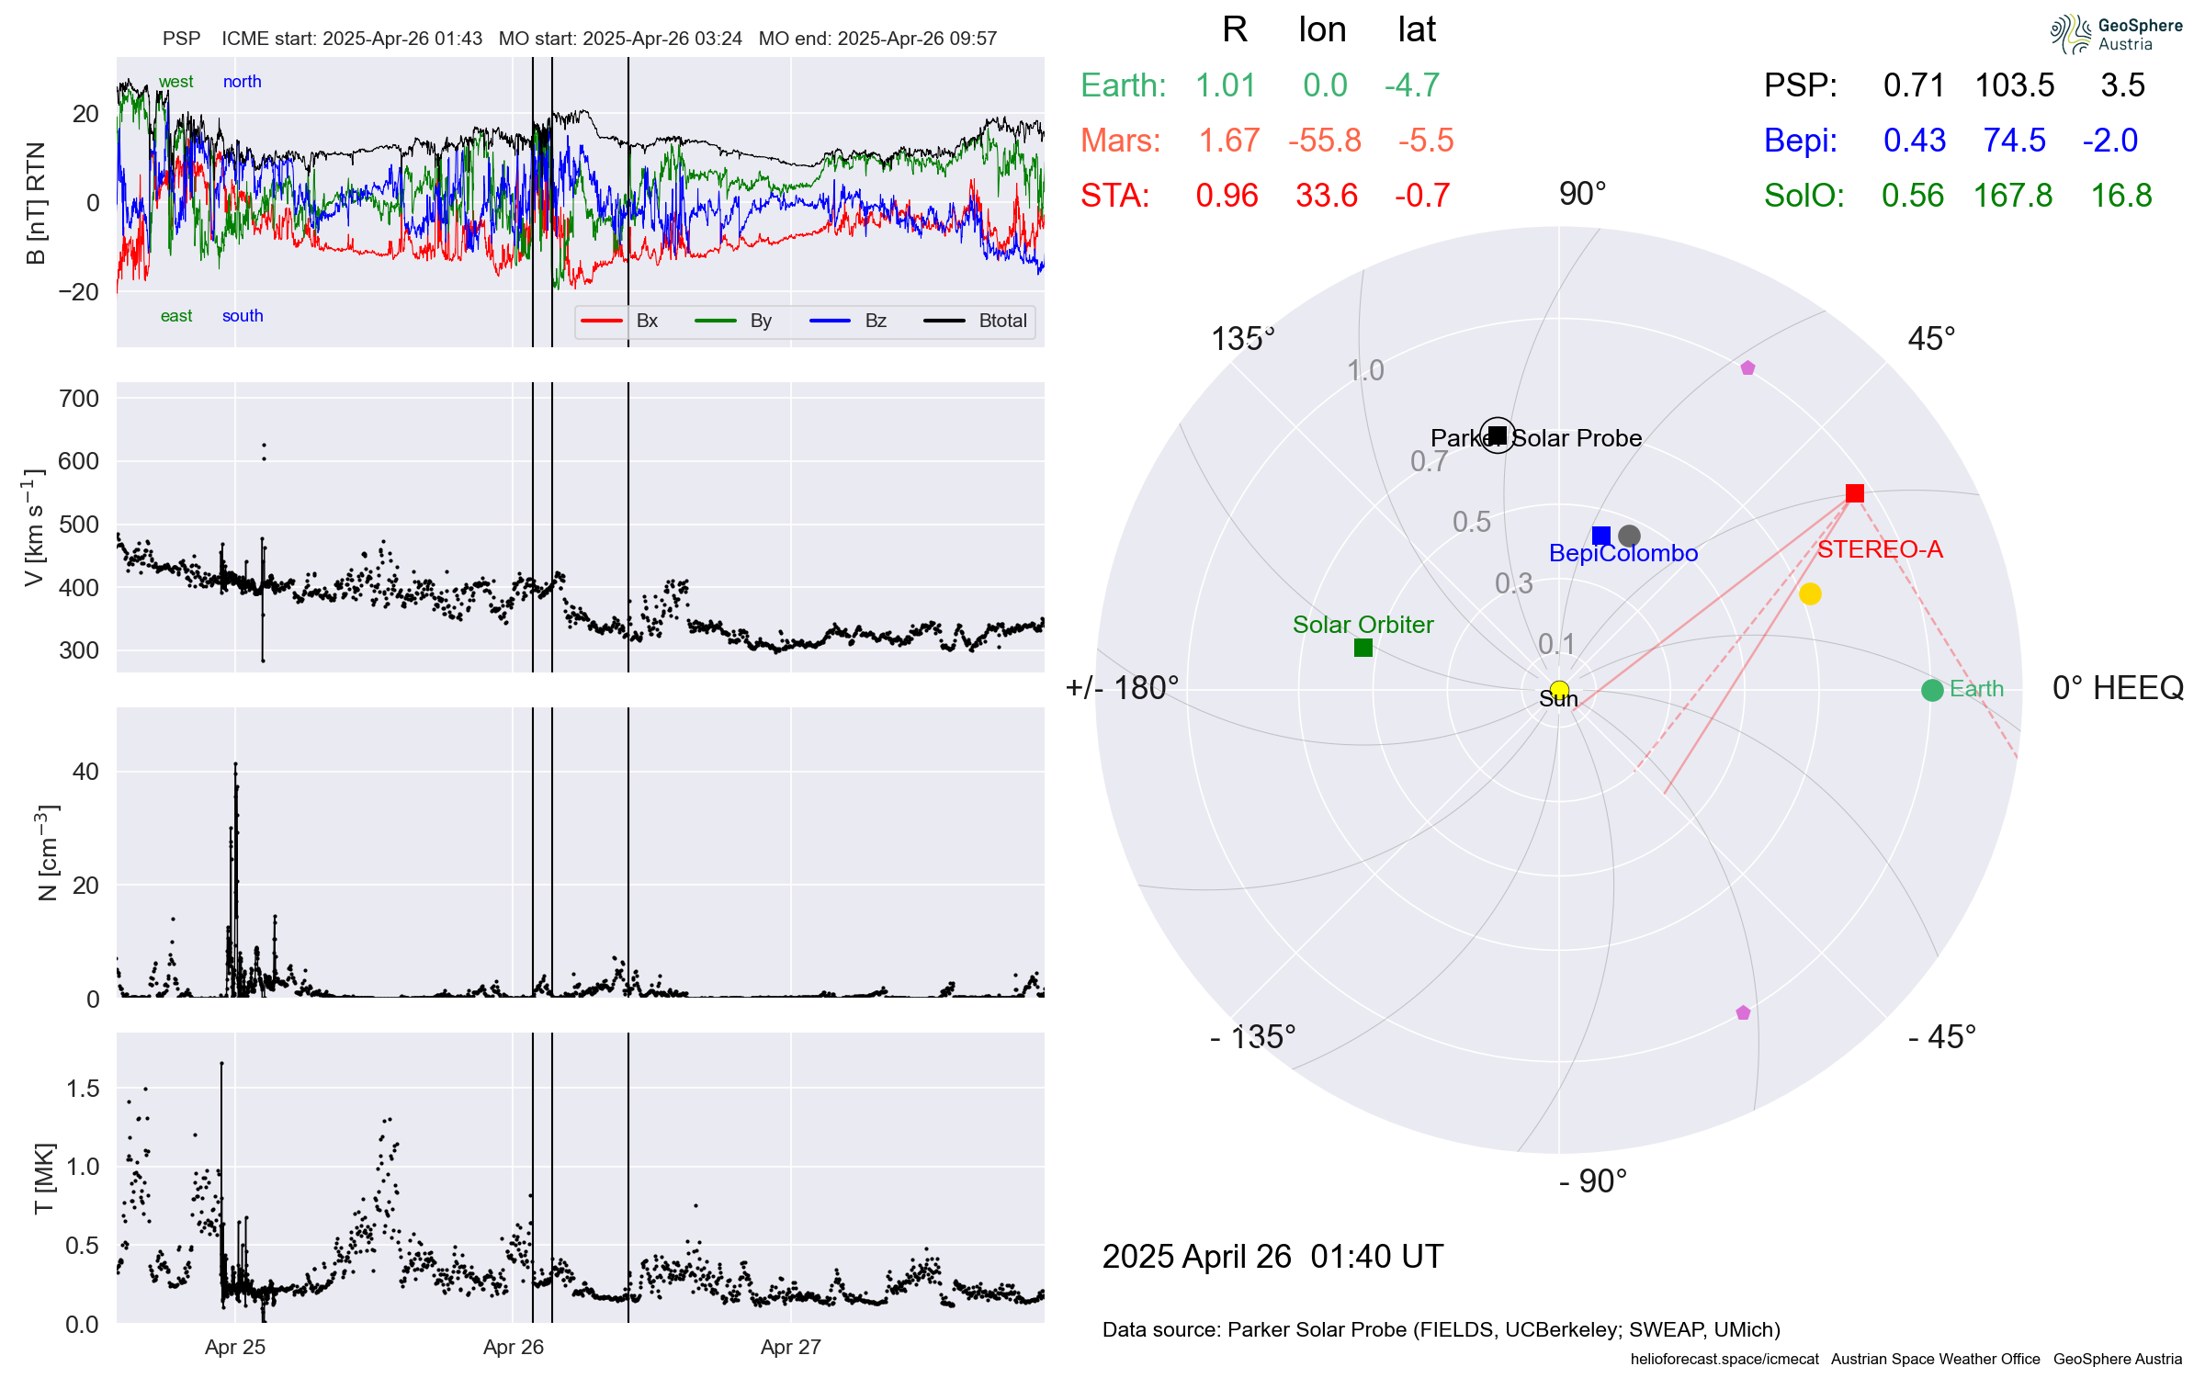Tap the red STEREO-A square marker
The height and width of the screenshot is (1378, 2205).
pyautogui.click(x=1854, y=493)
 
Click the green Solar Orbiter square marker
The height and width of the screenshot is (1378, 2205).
pyautogui.click(x=1363, y=648)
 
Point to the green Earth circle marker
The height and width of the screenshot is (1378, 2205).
pyautogui.click(x=1931, y=690)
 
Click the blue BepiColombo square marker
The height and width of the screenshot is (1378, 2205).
pyautogui.click(x=1601, y=536)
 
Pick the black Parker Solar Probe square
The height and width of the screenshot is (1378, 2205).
pyautogui.click(x=1498, y=435)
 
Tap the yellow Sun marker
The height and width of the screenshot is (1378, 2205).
pyautogui.click(x=1559, y=690)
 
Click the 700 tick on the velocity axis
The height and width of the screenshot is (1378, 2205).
pyautogui.click(x=78, y=399)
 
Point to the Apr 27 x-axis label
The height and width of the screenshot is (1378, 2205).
pyautogui.click(x=790, y=1347)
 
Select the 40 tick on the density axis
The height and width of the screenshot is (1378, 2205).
pyautogui.click(x=85, y=772)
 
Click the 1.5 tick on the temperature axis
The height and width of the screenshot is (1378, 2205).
pyautogui.click(x=83, y=1089)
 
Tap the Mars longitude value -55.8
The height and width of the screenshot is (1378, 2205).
pyautogui.click(x=1324, y=141)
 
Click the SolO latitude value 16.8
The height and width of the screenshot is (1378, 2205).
pyautogui.click(x=2120, y=196)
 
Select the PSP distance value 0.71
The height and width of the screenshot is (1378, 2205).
pyautogui.click(x=1914, y=85)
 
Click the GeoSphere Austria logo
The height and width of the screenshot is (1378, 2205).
pyautogui.click(x=2115, y=34)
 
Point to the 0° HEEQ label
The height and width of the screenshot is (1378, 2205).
pyautogui.click(x=2117, y=688)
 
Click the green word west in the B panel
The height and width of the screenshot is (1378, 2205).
pyautogui.click(x=175, y=82)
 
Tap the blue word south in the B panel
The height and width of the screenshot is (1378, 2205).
pyautogui.click(x=243, y=316)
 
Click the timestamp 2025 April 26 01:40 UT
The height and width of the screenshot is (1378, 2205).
pyautogui.click(x=1272, y=1256)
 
